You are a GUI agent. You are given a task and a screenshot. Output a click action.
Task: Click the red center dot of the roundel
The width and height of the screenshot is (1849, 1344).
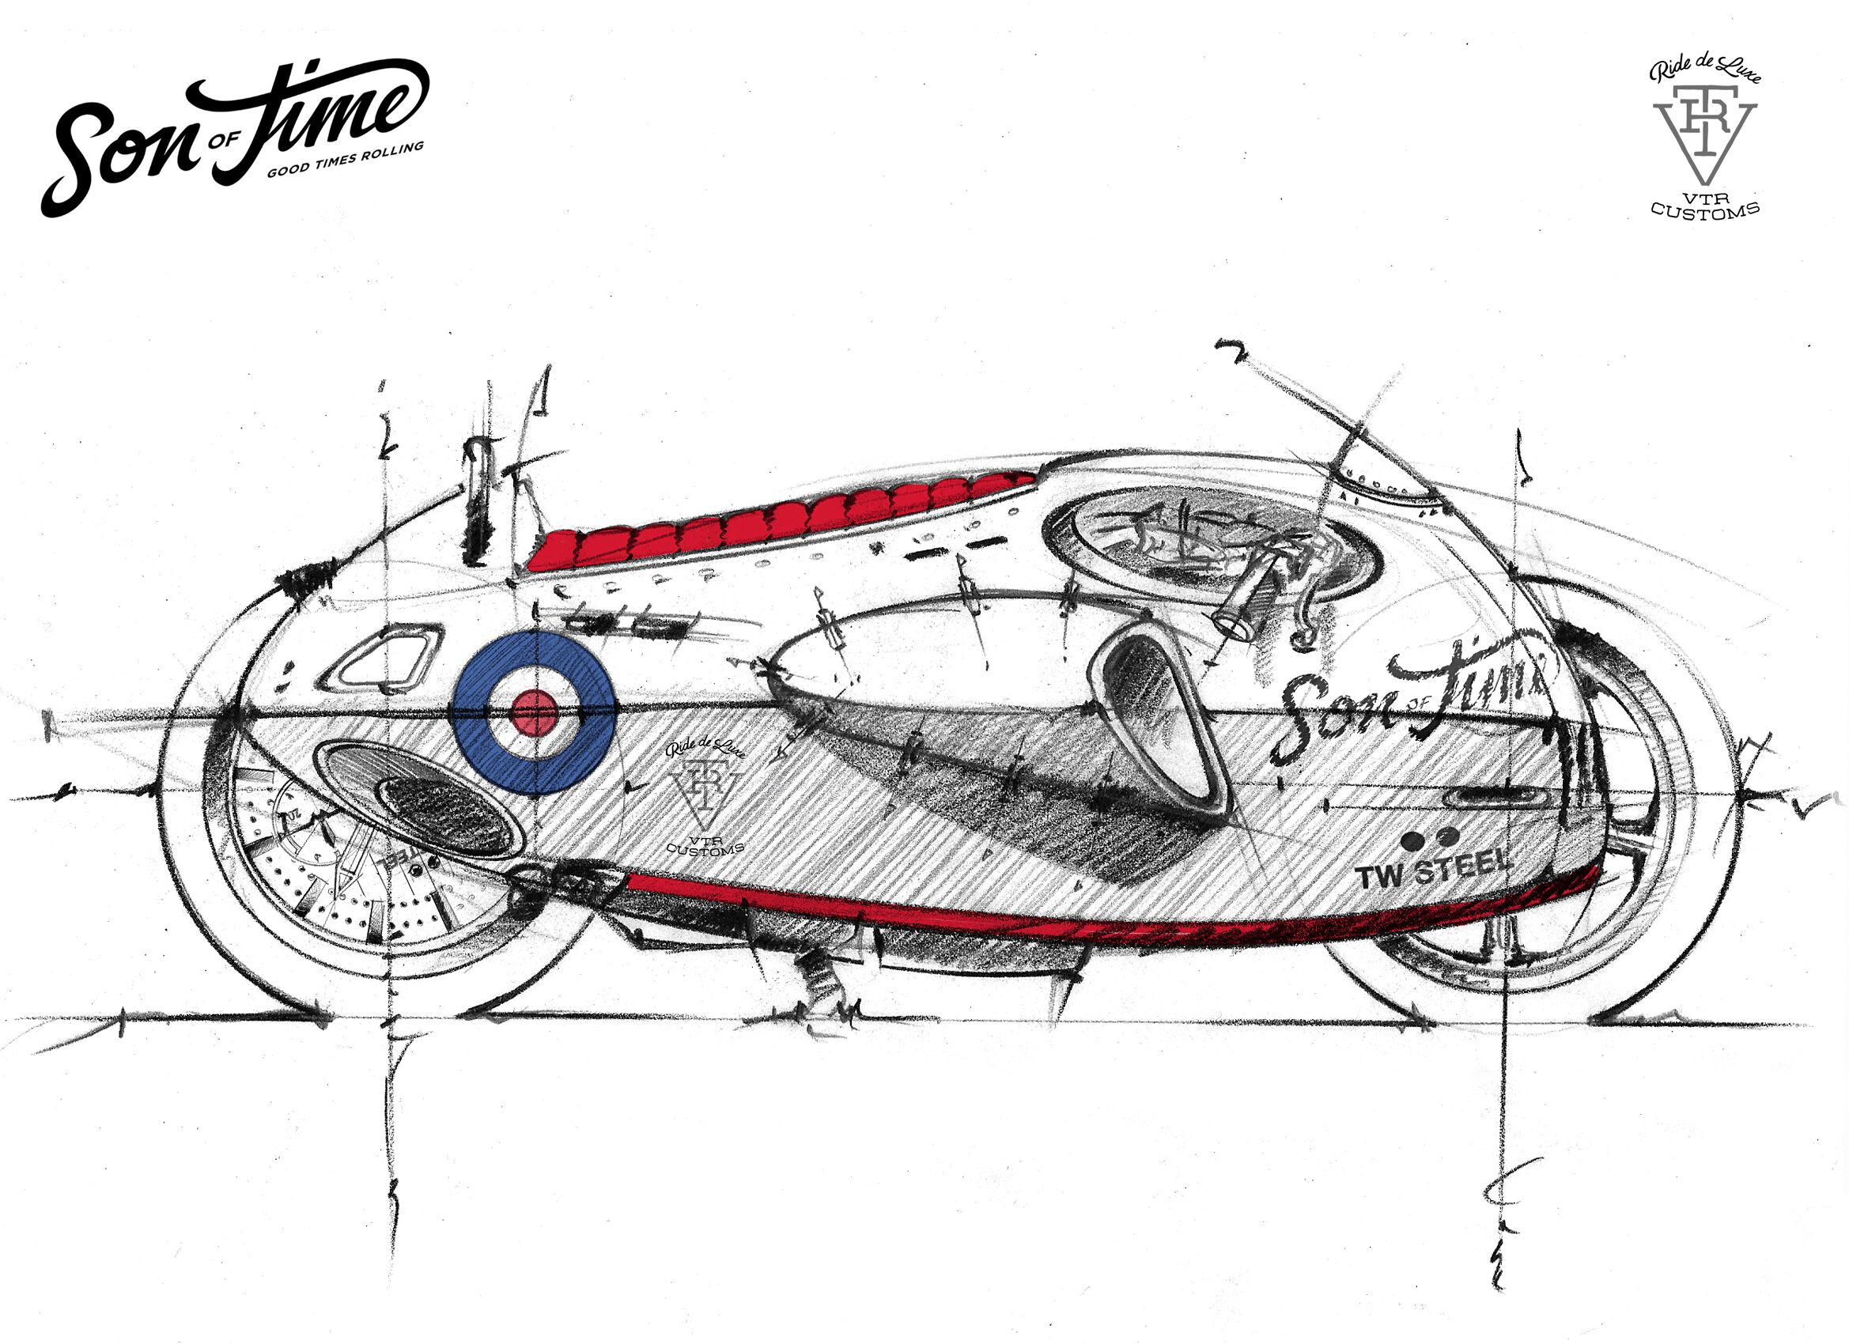tap(534, 712)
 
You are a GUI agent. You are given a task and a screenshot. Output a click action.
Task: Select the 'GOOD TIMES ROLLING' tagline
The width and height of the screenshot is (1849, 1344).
tap(346, 160)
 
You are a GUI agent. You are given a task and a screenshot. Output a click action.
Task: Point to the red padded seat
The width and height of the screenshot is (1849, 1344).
tap(774, 522)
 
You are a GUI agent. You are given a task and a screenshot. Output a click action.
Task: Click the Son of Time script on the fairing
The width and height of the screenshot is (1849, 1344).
tap(1410, 701)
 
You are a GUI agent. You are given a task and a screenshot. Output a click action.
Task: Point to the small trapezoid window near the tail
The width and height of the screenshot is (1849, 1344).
tap(384, 659)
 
